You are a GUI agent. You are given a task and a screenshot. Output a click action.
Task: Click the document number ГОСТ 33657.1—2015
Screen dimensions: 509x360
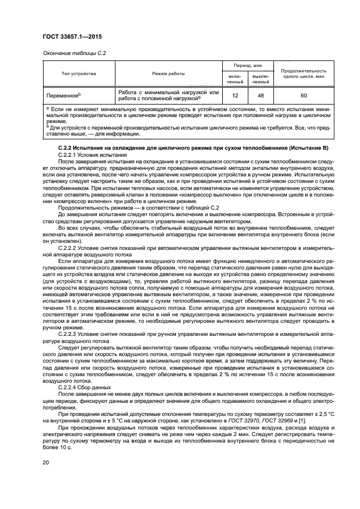point(74,36)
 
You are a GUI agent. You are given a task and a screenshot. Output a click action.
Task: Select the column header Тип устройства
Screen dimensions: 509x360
point(79,73)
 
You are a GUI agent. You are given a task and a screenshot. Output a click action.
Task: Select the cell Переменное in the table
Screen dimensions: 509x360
point(64,95)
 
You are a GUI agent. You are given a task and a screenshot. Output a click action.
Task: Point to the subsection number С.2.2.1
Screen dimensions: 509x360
point(70,155)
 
